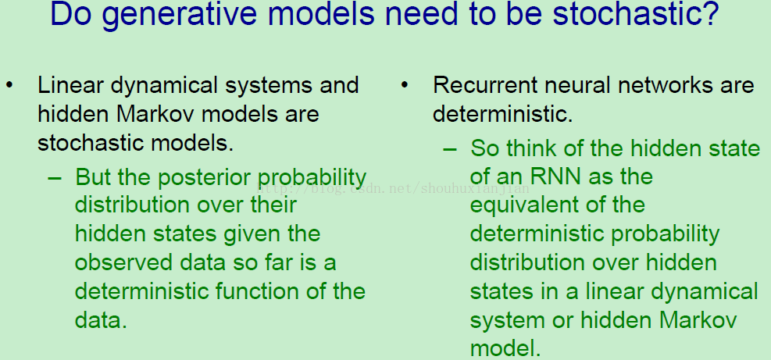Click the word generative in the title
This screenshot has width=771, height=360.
click(x=180, y=16)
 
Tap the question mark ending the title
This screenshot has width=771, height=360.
click(x=709, y=14)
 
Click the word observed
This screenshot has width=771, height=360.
click(x=123, y=262)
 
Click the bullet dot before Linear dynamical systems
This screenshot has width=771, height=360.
click(x=10, y=86)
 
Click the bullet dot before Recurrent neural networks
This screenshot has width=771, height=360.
click(x=405, y=86)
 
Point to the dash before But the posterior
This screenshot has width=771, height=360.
click(x=55, y=177)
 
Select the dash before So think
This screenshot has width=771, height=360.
click(x=450, y=148)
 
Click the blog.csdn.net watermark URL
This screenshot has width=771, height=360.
click(x=394, y=187)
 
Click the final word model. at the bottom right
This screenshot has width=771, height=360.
click(x=505, y=348)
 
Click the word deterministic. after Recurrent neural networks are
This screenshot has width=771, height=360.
click(x=503, y=115)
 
